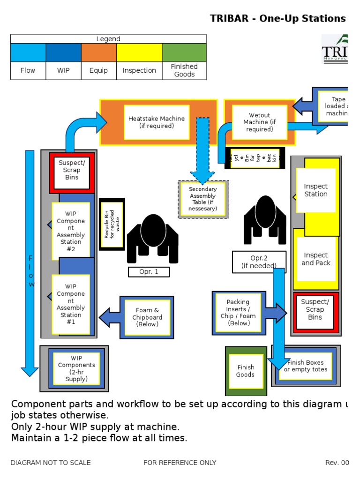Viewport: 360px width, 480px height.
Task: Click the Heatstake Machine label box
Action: click(x=156, y=122)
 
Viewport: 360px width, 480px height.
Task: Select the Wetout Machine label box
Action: click(x=259, y=122)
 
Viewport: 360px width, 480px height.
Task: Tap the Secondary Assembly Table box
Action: click(x=203, y=199)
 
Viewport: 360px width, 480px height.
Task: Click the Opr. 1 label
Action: click(x=149, y=272)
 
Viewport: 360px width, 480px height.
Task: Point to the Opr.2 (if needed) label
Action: click(x=259, y=262)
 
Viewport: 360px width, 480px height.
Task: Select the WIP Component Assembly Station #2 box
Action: click(x=71, y=231)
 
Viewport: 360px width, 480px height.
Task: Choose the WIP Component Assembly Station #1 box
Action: click(x=71, y=304)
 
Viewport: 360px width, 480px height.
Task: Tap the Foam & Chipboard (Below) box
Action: click(x=147, y=317)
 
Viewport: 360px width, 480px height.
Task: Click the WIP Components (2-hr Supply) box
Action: click(x=76, y=368)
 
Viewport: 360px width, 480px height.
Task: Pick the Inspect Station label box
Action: click(x=315, y=190)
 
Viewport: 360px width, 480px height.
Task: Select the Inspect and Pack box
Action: click(x=316, y=259)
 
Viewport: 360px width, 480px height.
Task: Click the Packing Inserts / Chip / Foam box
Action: click(x=239, y=313)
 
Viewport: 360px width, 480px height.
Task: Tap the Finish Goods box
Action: click(x=246, y=371)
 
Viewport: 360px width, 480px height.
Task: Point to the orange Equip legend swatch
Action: click(x=98, y=52)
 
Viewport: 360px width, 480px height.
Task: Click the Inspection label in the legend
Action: click(x=139, y=70)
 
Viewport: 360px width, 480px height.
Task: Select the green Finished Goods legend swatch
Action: click(x=184, y=52)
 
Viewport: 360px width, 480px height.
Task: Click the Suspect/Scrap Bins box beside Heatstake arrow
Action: click(x=72, y=170)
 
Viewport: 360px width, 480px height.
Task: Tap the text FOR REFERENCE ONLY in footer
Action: click(x=180, y=463)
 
